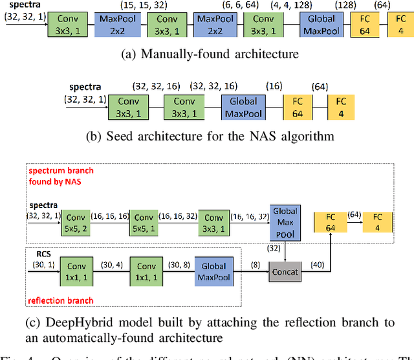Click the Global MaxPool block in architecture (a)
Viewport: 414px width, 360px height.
pos(322,25)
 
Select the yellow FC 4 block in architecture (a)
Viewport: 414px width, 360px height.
pos(401,25)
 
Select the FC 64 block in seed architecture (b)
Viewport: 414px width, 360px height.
pos(297,107)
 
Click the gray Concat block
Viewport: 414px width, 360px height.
pos(285,272)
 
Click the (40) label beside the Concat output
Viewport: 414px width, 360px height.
pos(317,264)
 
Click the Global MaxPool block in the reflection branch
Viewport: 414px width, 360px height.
pos(214,271)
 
